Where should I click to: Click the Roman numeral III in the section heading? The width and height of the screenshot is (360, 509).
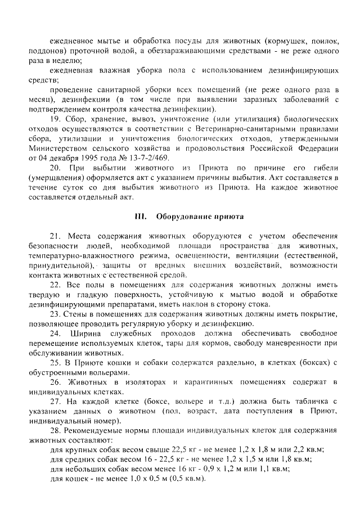[x=141, y=216]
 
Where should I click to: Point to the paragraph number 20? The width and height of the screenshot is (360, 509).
[x=55, y=168]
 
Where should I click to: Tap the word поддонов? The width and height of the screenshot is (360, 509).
[x=46, y=51]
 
